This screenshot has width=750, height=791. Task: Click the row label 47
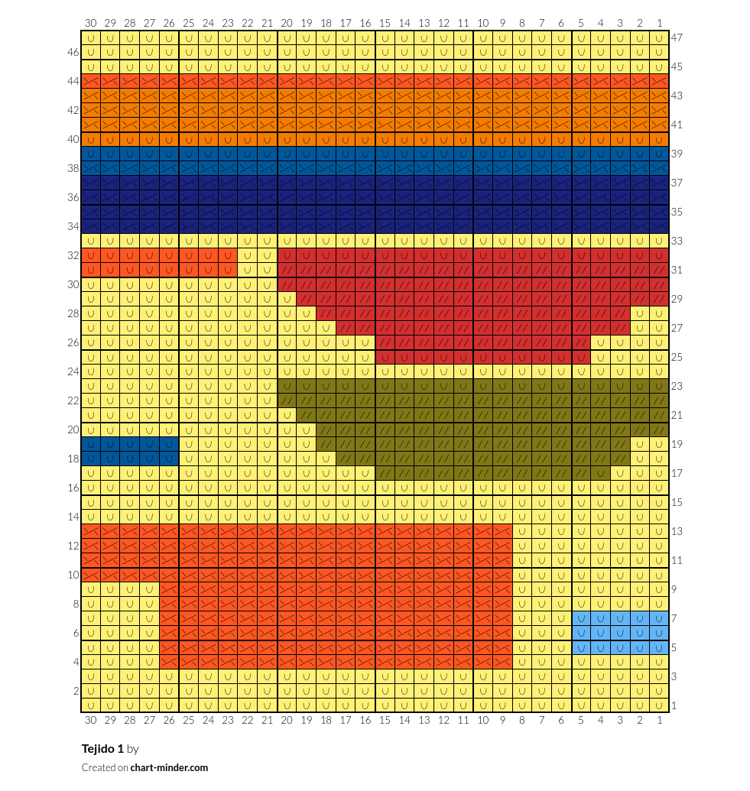(677, 38)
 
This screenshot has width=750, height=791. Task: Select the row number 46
(73, 53)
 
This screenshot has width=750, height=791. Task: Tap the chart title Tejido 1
(102, 749)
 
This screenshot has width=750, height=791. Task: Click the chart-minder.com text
(169, 768)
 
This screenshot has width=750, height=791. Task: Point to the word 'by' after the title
(133, 749)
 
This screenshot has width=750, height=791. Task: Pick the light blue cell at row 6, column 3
(620, 633)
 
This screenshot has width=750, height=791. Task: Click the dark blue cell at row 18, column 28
(130, 459)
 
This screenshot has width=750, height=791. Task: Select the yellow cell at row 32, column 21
(267, 256)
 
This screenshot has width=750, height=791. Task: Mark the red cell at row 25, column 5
(581, 357)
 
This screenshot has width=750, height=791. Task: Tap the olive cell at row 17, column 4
(601, 474)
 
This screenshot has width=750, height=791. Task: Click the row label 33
(677, 242)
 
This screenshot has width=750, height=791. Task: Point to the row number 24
(73, 371)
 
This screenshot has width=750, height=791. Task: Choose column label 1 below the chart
(660, 721)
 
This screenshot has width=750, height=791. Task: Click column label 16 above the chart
(365, 23)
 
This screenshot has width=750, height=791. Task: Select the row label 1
(674, 705)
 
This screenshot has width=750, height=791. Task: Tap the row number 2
(76, 691)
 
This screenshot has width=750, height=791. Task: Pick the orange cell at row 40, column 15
(385, 139)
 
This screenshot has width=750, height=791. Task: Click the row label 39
(677, 154)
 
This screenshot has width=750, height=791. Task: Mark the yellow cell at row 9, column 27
(149, 590)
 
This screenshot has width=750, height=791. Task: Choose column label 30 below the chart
(90, 721)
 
